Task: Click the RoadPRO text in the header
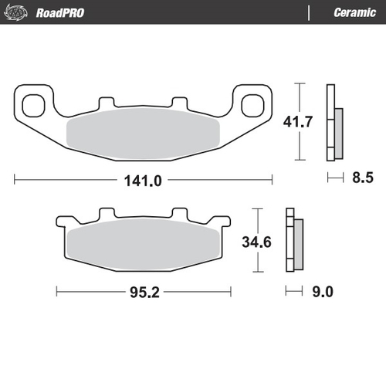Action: (x=59, y=12)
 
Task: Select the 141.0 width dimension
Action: (x=144, y=181)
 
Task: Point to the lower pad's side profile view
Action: (x=293, y=241)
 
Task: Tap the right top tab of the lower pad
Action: (x=180, y=213)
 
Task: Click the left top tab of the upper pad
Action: (x=106, y=102)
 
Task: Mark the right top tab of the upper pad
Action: (x=178, y=102)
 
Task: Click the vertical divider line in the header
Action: (x=310, y=12)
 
